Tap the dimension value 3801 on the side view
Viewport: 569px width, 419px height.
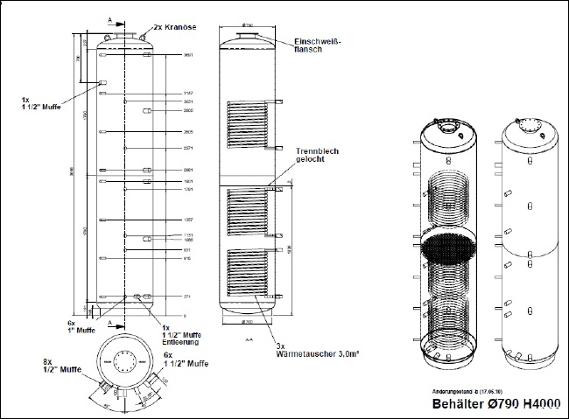(x=188, y=56)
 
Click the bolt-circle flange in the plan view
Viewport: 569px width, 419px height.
(x=123, y=361)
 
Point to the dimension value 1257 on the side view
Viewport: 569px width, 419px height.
(x=187, y=220)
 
